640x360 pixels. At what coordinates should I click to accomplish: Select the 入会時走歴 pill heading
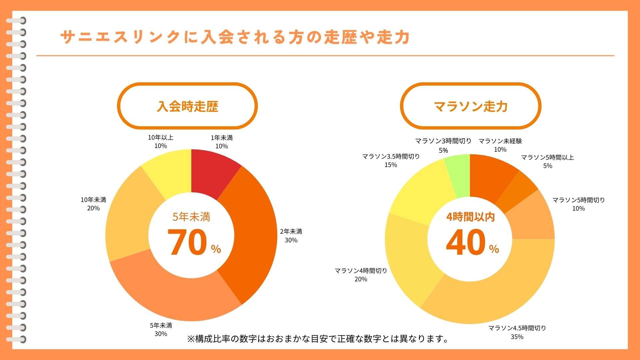187,106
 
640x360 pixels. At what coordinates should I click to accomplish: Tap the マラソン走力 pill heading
470,106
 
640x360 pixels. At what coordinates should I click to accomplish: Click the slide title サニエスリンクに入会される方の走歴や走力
235,37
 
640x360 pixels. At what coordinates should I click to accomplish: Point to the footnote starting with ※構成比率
318,339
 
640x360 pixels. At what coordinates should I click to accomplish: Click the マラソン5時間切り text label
578,200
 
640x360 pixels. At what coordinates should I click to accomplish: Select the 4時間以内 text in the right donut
470,217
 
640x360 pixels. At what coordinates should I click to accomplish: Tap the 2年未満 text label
291,232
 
